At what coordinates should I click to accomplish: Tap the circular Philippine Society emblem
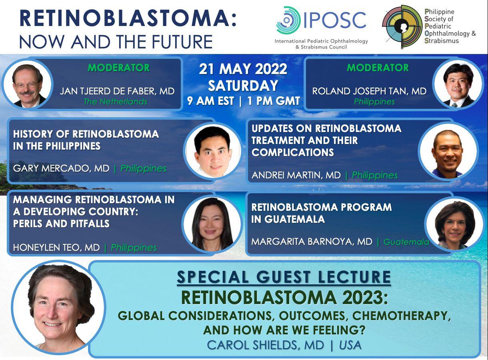point(402,27)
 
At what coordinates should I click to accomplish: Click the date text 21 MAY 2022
point(243,69)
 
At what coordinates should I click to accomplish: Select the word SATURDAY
point(243,85)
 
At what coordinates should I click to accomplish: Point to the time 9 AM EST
point(210,101)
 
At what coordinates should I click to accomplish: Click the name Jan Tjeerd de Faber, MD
point(117,91)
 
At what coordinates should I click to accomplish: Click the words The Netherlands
point(115,102)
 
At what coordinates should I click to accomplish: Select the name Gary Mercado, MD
point(61,168)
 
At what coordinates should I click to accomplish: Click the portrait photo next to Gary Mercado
point(213,150)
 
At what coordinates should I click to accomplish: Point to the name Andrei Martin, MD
point(296,175)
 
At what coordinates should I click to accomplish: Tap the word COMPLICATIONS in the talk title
point(292,152)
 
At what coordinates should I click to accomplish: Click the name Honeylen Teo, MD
point(56,248)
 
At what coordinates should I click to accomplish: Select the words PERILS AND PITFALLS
point(61,224)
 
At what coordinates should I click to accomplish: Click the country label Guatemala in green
point(406,242)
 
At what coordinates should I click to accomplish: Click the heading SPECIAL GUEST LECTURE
point(284,277)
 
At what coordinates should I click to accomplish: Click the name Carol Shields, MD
point(265,345)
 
